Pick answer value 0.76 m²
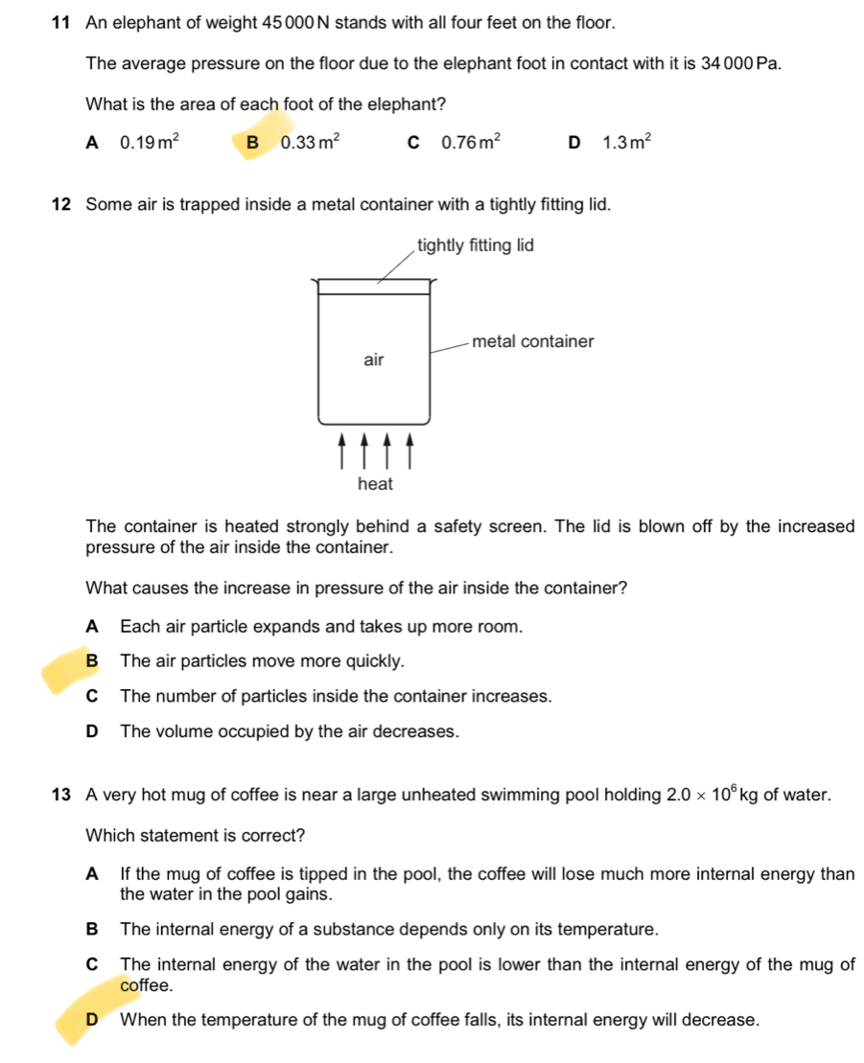point(469,144)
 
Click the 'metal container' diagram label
point(533,341)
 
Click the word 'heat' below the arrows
point(375,484)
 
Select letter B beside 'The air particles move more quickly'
point(92,661)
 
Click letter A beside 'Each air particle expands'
point(92,627)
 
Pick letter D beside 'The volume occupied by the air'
point(92,731)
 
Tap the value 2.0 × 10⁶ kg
point(712,795)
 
